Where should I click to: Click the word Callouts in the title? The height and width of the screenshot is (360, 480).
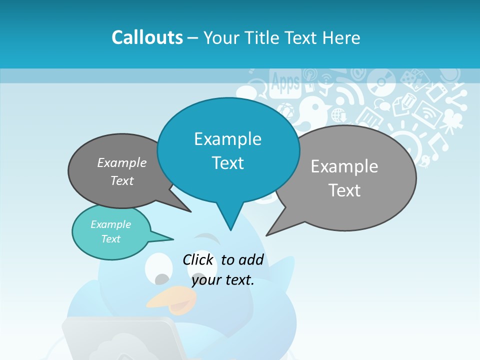click(x=147, y=37)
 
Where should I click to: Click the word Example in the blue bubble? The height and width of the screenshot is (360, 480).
click(x=227, y=139)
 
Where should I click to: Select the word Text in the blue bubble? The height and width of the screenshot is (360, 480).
click(x=227, y=163)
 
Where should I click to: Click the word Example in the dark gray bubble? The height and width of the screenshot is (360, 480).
click(x=122, y=163)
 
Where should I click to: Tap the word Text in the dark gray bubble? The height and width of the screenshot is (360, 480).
click(x=122, y=181)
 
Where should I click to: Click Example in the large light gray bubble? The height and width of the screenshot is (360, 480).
click(x=344, y=166)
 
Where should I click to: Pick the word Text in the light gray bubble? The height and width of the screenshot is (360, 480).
click(x=344, y=190)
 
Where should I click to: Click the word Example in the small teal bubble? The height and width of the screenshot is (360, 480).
click(x=110, y=224)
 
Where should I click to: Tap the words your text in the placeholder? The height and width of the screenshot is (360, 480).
click(x=223, y=280)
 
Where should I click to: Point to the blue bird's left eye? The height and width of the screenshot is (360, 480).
click(x=158, y=267)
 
